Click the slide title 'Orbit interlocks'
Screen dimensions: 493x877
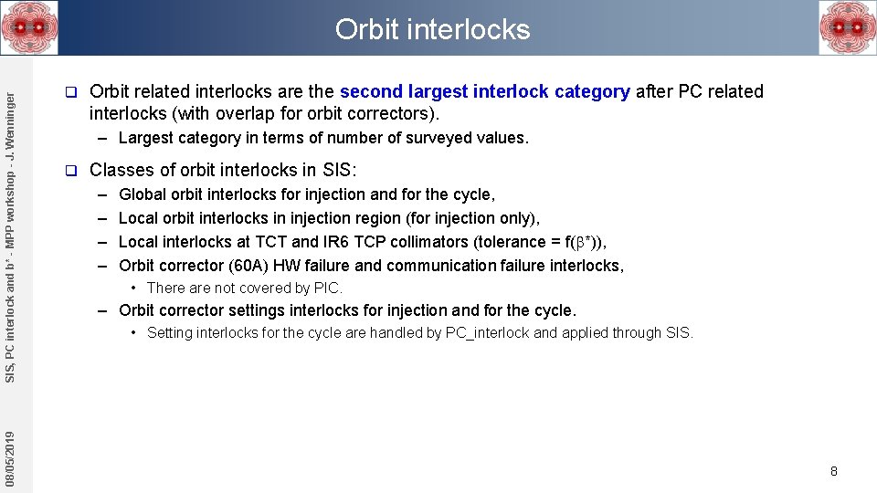(432, 29)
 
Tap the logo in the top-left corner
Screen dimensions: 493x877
(29, 27)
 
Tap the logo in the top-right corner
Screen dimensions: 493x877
(847, 27)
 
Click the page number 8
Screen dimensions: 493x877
(833, 471)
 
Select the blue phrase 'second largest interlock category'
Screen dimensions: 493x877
(484, 91)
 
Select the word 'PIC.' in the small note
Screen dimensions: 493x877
(328, 288)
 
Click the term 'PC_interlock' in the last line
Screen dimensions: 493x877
(487, 333)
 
